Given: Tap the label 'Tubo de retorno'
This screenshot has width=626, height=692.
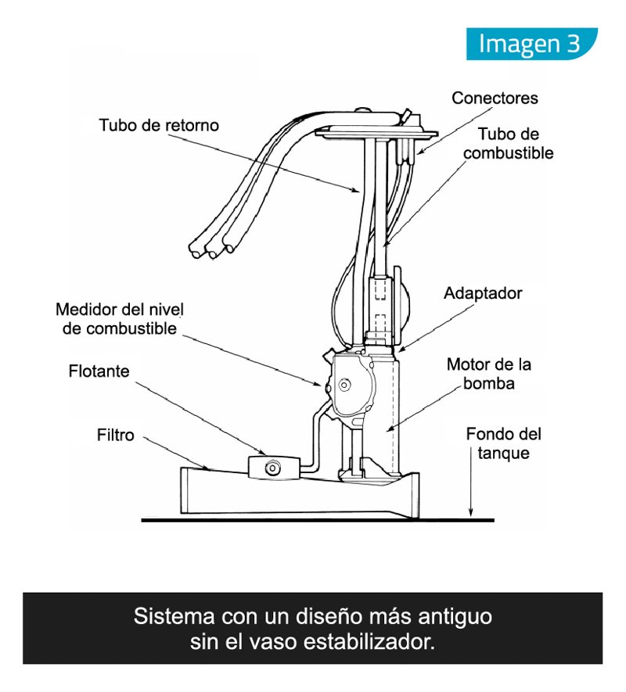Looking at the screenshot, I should tap(159, 125).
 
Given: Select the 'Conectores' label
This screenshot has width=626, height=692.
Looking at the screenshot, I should tap(495, 99).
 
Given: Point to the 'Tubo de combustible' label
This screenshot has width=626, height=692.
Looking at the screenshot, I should tap(507, 144).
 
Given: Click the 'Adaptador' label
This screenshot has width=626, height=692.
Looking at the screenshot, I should tap(482, 294).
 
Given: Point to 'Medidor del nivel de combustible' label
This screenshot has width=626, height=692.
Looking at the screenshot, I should tap(117, 317).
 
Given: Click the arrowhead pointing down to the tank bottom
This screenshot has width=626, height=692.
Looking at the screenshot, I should tap(471, 512).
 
